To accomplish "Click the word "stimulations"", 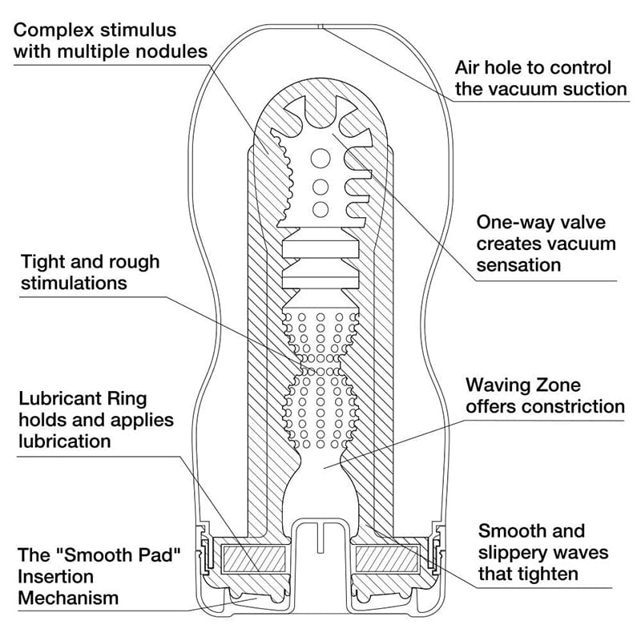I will point(74,283).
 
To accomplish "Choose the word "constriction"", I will point(573,407).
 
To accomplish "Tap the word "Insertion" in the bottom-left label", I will point(56,576).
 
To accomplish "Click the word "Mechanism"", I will point(68,598).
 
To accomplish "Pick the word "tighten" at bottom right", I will point(552,574).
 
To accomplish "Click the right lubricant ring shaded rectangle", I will point(386,558).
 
